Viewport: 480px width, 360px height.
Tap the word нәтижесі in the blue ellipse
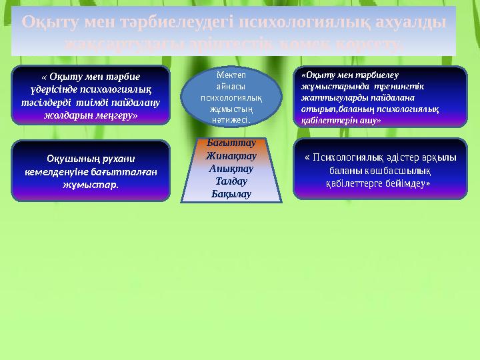(230, 121)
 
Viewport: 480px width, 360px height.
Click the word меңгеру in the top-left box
(115, 115)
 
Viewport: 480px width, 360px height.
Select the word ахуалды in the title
(403, 21)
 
